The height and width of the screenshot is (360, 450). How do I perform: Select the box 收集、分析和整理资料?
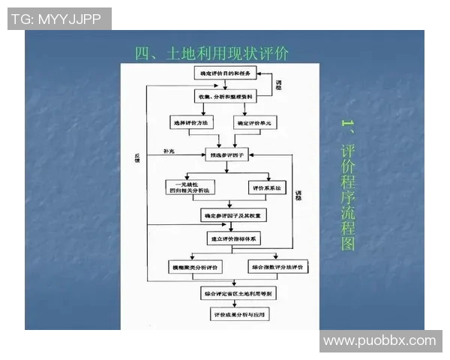[x=226, y=97]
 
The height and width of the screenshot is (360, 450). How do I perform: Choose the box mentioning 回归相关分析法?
[x=190, y=187]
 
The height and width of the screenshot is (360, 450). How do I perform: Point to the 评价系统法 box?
[x=267, y=187]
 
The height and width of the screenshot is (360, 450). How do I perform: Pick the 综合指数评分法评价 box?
[x=277, y=267]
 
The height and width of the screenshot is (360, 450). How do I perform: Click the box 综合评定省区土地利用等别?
[x=237, y=293]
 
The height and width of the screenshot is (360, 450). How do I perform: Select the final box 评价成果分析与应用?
[x=239, y=316]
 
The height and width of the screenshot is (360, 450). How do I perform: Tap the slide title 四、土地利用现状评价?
[x=211, y=53]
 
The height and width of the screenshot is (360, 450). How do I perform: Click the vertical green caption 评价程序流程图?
[x=347, y=184]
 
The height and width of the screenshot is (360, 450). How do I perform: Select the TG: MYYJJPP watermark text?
[x=59, y=19]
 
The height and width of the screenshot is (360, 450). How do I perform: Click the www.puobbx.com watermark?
[x=379, y=341]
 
